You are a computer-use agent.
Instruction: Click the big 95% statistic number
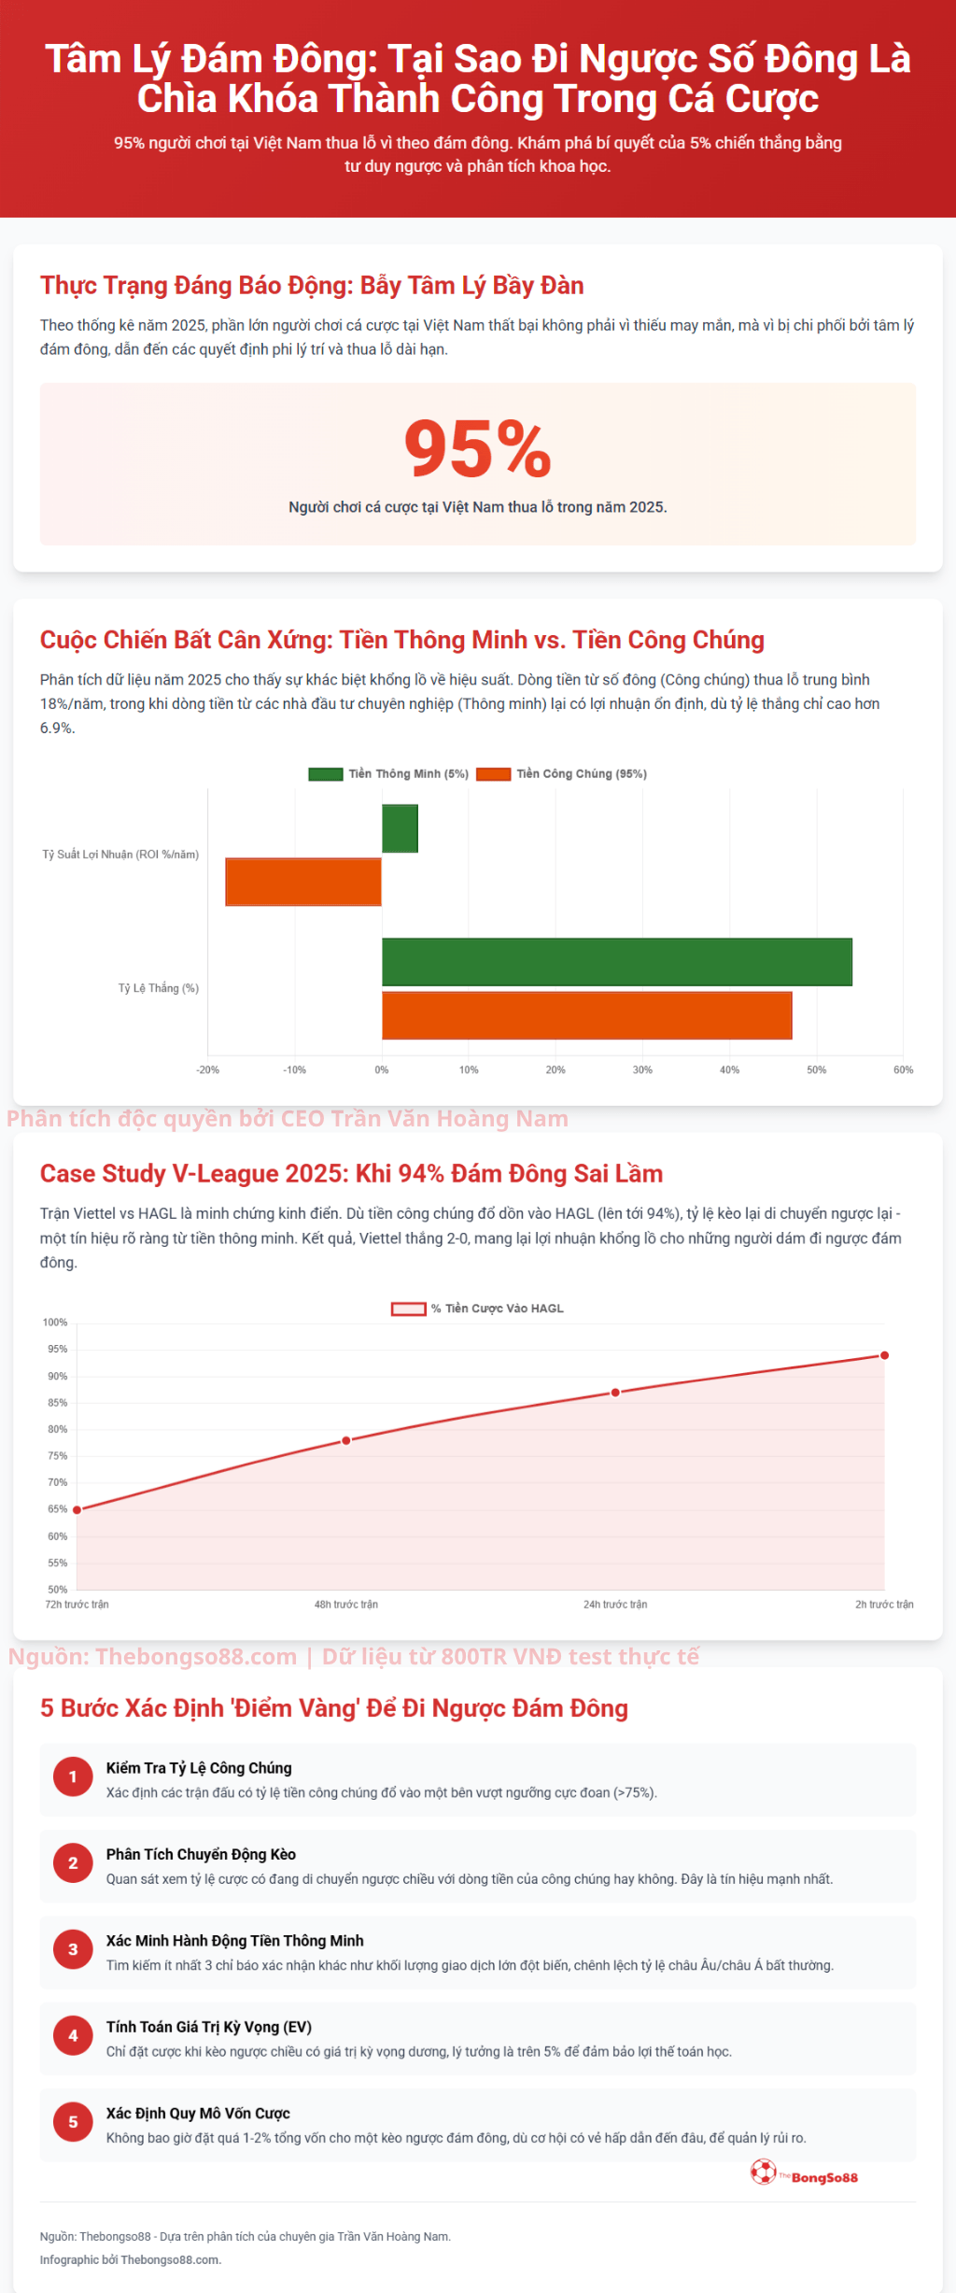[477, 449]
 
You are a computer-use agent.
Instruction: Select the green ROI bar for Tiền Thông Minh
[400, 828]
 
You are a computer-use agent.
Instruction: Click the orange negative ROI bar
[303, 882]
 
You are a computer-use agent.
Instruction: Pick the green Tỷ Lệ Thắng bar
[616, 962]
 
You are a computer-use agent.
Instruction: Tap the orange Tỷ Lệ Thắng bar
[586, 1015]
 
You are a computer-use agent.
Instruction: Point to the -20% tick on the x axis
[207, 1070]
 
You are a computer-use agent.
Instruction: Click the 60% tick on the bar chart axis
[903, 1070]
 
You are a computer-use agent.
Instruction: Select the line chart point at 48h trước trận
[346, 1441]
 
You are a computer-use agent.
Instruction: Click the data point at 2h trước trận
[884, 1356]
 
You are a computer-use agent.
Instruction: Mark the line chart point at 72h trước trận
[77, 1509]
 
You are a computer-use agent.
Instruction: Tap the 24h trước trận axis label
[615, 1605]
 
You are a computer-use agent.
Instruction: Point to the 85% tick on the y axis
[57, 1403]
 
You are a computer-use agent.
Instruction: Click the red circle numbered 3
[73, 1949]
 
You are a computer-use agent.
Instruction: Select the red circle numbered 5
[73, 2122]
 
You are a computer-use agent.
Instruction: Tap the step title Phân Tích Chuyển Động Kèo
[201, 1855]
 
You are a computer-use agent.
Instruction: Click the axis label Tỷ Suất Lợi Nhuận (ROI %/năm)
[120, 855]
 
